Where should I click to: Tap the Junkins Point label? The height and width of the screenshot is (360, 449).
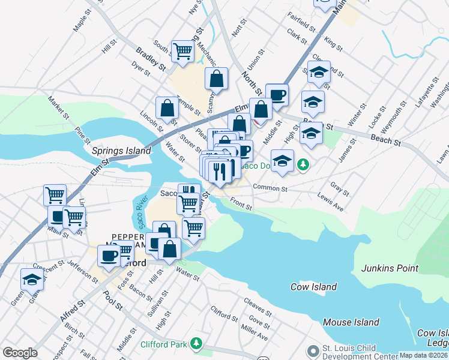[390, 268]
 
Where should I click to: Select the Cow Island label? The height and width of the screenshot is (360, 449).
[313, 287]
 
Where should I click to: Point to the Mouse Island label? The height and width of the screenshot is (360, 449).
[351, 322]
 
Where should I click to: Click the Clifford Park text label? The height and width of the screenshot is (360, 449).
[163, 344]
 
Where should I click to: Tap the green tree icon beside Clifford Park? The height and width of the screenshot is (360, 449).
[195, 344]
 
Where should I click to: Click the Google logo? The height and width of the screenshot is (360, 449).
[20, 353]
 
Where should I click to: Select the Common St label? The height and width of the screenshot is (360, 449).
[271, 188]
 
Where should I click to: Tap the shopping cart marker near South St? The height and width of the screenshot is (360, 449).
[182, 51]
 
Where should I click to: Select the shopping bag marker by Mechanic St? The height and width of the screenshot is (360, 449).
[216, 78]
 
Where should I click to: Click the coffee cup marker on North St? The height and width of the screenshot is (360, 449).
[277, 94]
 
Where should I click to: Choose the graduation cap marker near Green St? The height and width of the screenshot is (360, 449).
[32, 278]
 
